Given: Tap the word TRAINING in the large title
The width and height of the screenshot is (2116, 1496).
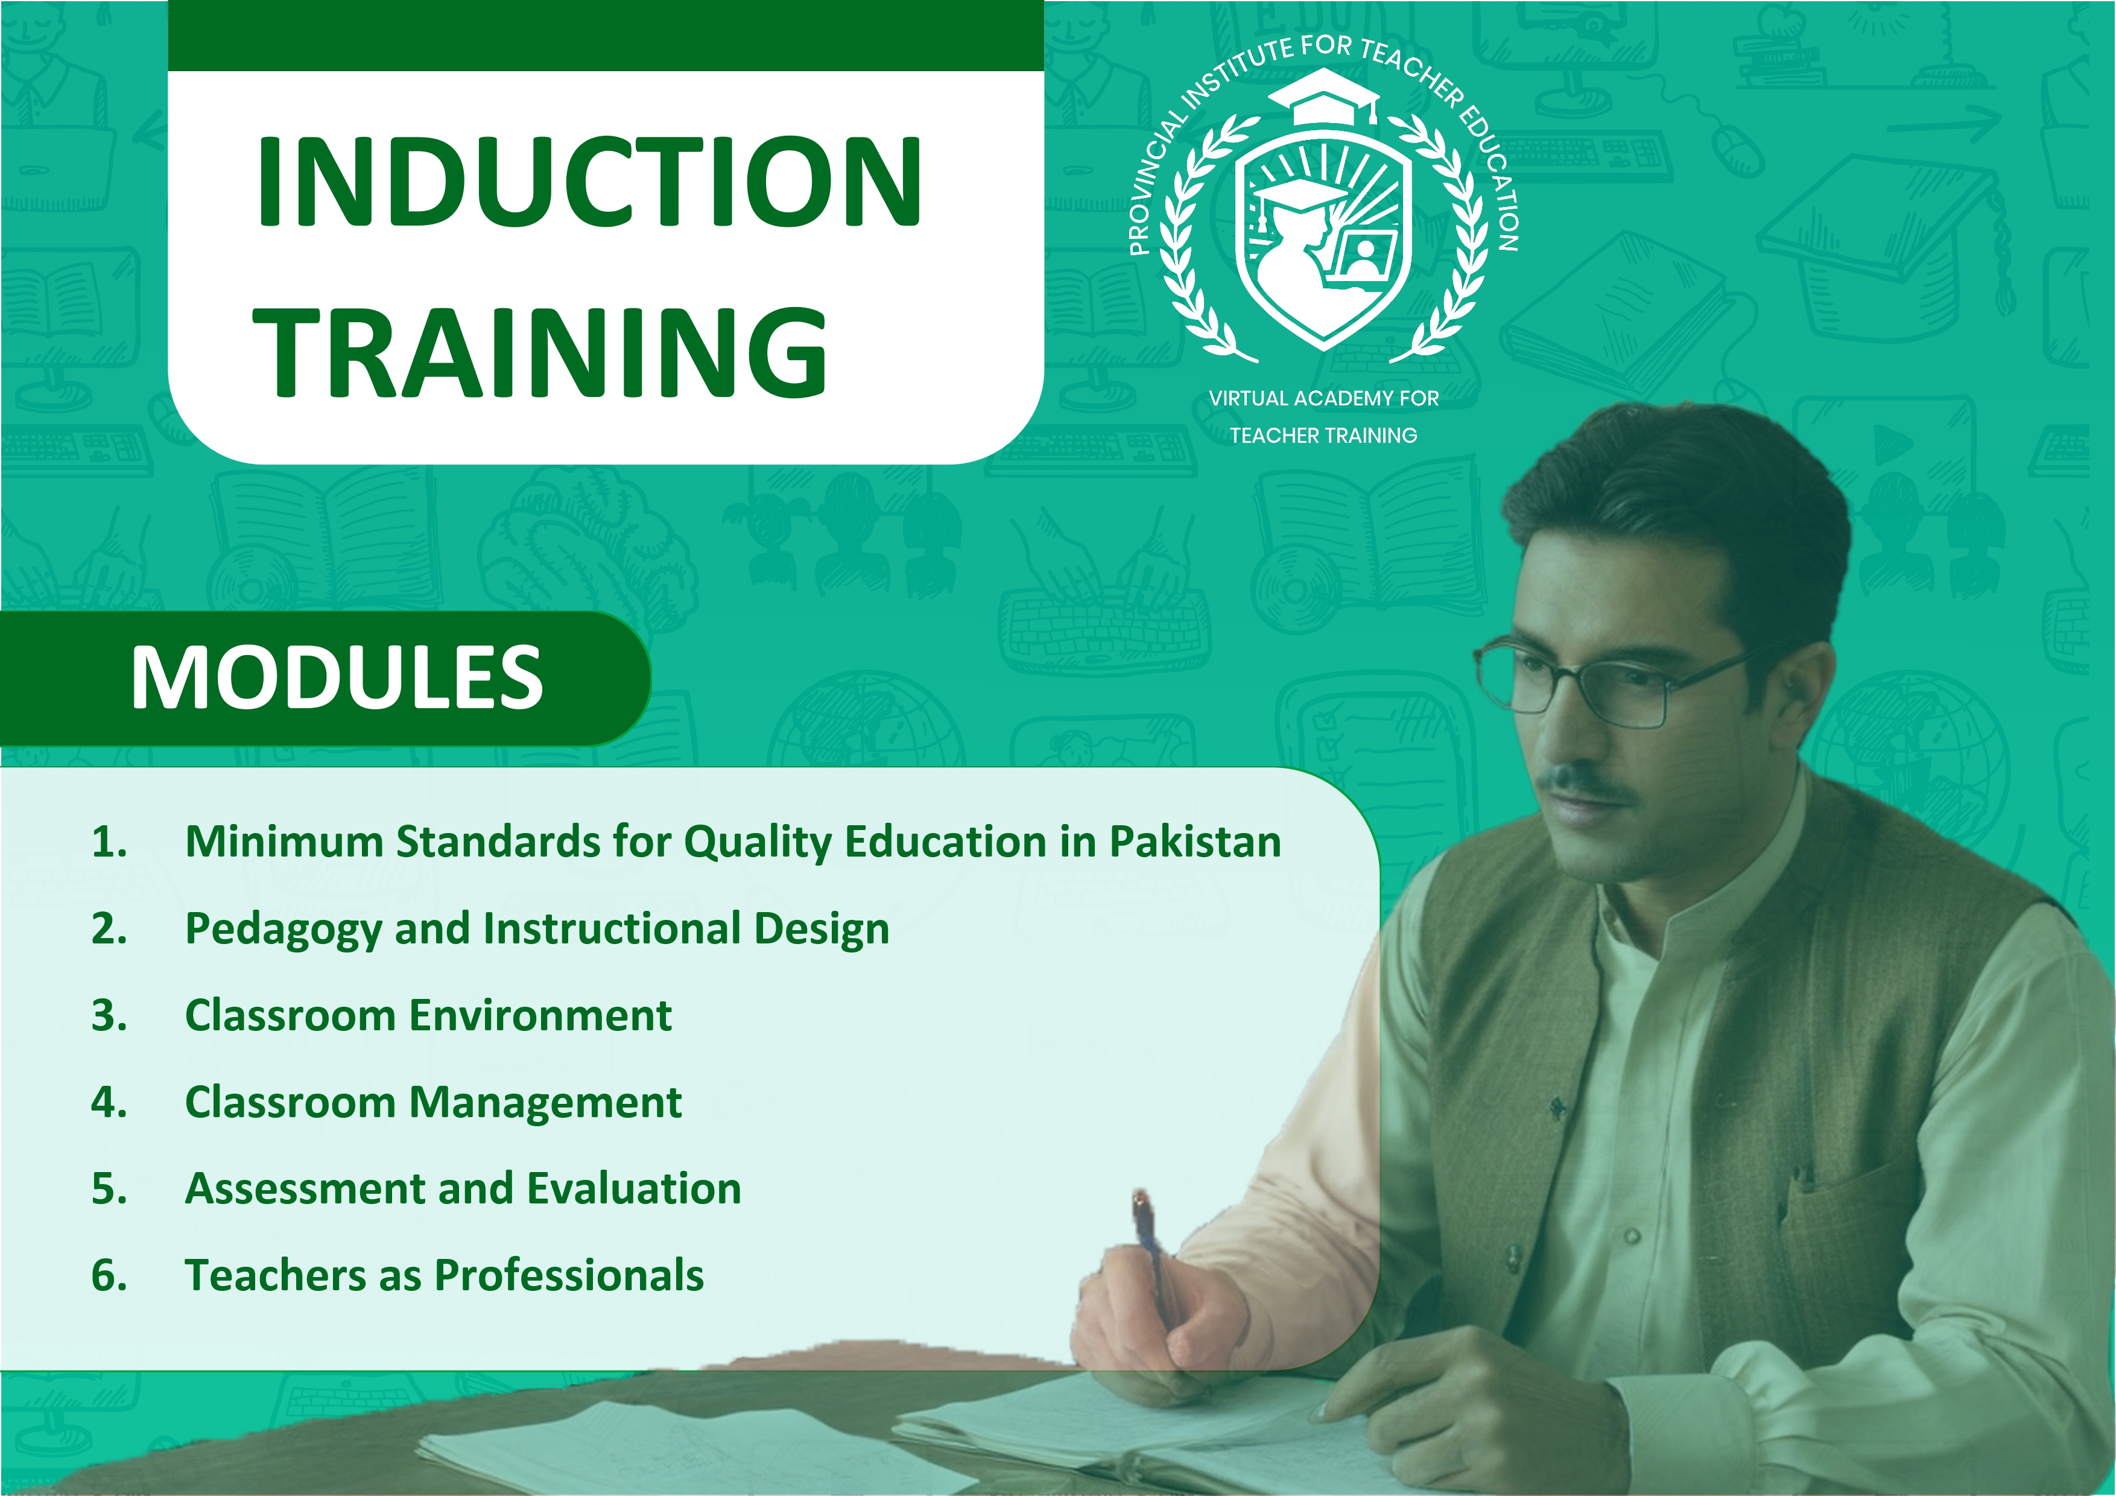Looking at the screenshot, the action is [x=541, y=353].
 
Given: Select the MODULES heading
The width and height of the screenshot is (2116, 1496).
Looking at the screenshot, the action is [x=337, y=677].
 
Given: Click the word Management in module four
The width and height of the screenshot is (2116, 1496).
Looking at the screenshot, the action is [x=545, y=1103].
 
